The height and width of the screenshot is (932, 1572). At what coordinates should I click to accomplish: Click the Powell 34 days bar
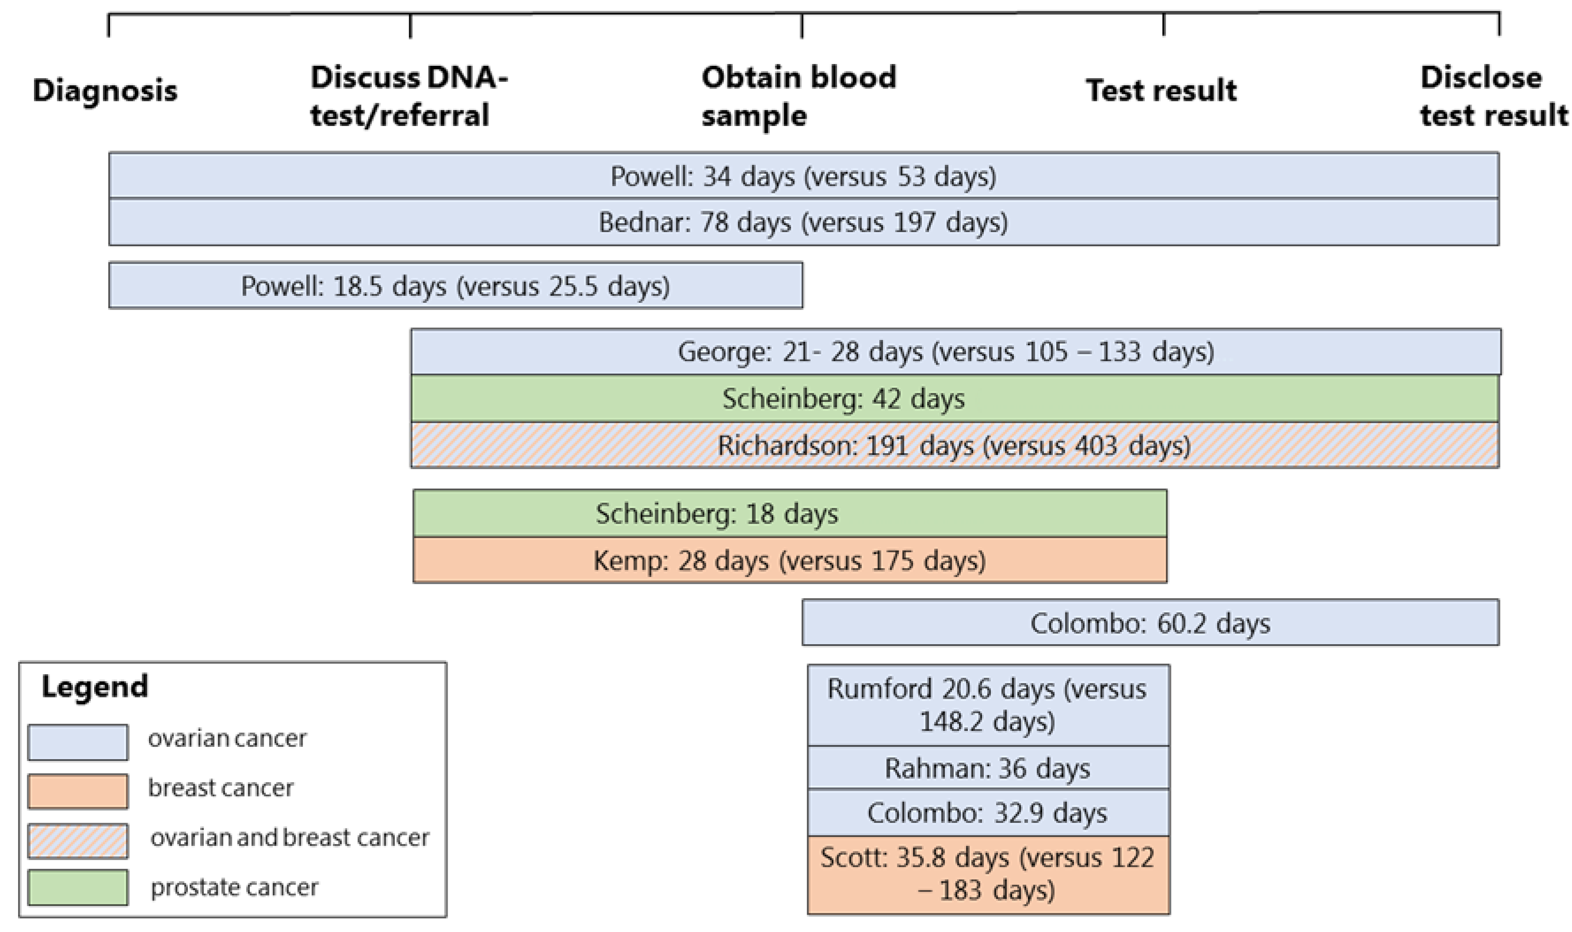pos(803,176)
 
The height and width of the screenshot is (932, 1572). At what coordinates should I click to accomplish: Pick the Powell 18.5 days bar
pos(456,286)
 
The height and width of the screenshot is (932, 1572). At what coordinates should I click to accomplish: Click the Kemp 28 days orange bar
pos(790,560)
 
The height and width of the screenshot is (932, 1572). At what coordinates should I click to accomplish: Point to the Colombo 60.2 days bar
pos(1150,623)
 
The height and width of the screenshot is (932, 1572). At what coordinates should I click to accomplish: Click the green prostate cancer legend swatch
pos(78,887)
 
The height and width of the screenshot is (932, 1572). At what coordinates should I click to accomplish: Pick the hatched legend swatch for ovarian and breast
pos(78,841)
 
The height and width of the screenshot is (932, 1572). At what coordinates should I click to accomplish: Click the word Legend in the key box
pos(95,687)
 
